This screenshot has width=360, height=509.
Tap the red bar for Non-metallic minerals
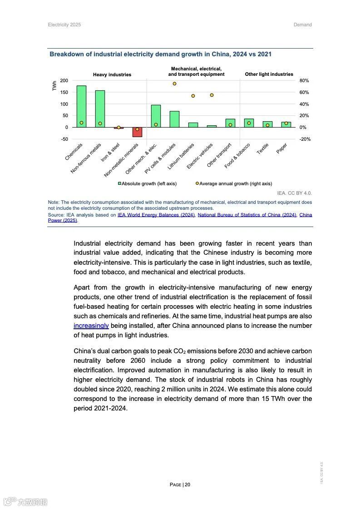137,132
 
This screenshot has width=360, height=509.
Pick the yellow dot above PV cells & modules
174,84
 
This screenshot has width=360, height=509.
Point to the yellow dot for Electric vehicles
212,95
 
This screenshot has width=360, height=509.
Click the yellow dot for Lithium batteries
193,96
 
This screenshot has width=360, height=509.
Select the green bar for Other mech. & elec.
156,116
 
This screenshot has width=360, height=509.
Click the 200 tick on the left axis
64,81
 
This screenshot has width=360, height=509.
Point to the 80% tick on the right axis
304,81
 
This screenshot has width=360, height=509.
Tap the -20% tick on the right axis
305,139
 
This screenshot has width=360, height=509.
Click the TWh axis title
54,86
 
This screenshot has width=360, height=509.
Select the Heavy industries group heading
112,74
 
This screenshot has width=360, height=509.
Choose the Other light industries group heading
269,74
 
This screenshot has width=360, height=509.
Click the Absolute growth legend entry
148,184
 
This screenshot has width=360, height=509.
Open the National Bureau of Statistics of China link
247,215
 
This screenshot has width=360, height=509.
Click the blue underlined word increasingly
91,326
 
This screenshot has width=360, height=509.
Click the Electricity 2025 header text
64,25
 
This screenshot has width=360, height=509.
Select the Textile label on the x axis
263,149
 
